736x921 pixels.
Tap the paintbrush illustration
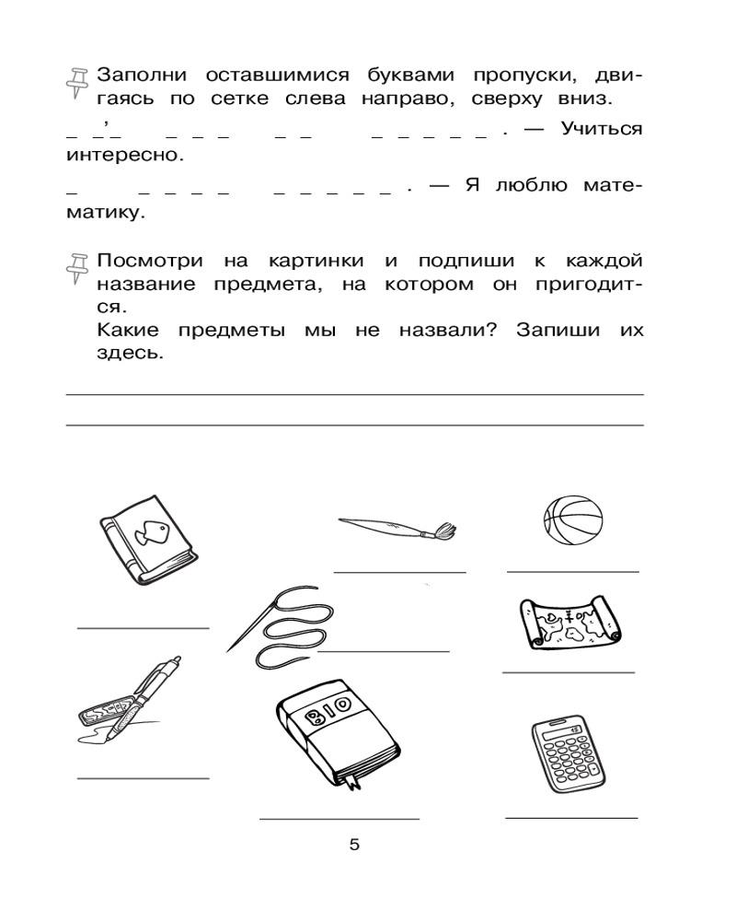tap(396, 528)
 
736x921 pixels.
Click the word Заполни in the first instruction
tap(142, 75)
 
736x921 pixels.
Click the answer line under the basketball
tap(572, 572)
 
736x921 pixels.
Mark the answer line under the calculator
tap(571, 817)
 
